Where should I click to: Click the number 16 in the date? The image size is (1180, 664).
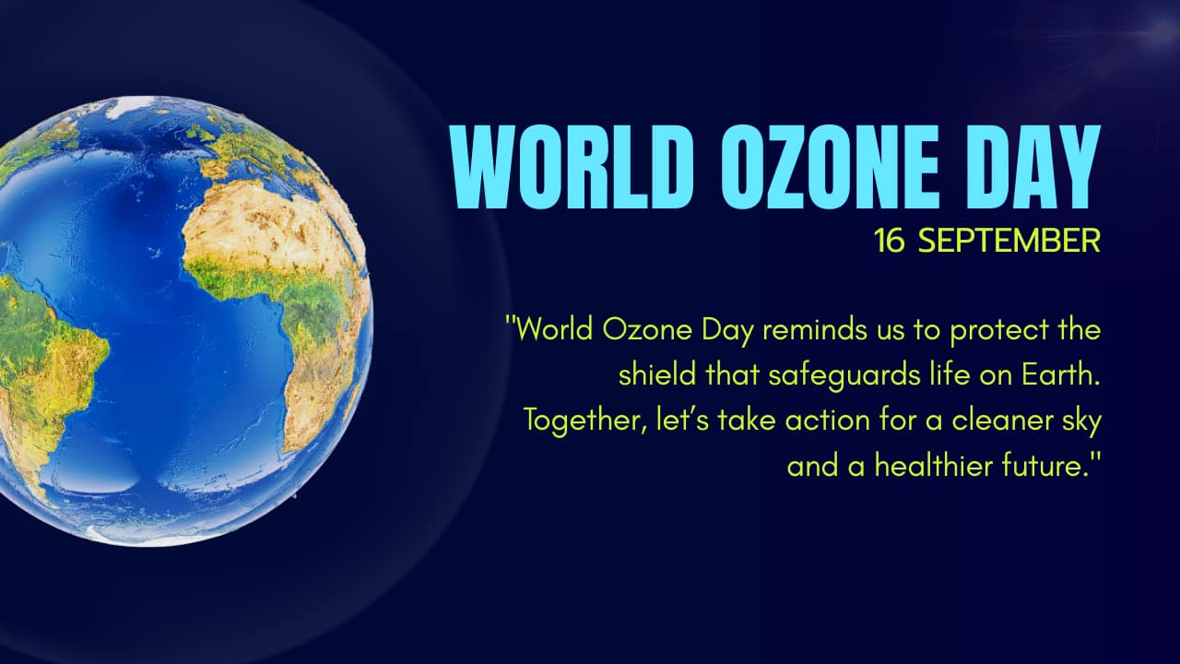[890, 241]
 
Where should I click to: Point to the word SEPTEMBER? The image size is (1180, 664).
[1009, 241]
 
